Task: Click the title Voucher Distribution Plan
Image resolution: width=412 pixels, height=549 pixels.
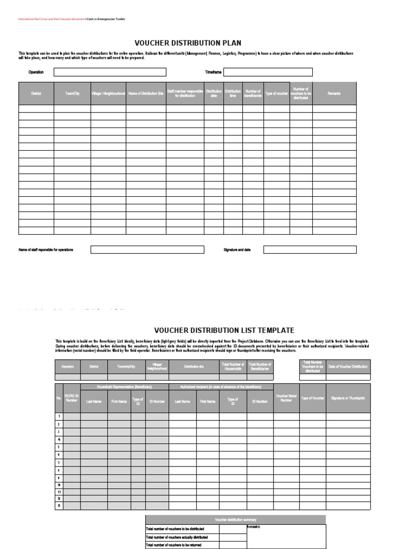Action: (x=188, y=43)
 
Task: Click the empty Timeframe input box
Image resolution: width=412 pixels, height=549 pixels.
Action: (x=268, y=72)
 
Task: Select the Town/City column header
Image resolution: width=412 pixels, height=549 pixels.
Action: (x=72, y=93)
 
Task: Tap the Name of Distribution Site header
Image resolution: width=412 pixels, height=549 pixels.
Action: (x=146, y=93)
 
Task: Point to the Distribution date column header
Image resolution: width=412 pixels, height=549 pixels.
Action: (x=214, y=93)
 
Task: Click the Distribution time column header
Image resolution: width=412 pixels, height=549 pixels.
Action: (x=233, y=93)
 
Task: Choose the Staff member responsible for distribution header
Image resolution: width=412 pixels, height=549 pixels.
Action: (x=185, y=93)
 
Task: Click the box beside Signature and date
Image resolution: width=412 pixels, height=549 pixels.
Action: (x=310, y=250)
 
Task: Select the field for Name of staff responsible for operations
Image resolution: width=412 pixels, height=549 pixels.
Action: (x=147, y=250)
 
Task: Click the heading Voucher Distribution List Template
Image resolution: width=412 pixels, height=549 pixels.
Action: (x=224, y=330)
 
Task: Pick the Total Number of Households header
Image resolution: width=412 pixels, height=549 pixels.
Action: (x=233, y=367)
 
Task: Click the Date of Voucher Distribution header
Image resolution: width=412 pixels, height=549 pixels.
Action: (x=348, y=367)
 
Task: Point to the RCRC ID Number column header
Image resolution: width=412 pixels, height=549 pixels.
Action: (x=72, y=398)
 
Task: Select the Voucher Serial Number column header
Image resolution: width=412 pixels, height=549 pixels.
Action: (x=286, y=398)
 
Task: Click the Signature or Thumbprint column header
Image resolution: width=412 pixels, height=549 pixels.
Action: (x=348, y=398)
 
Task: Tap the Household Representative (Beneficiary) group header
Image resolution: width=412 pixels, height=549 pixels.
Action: (x=124, y=387)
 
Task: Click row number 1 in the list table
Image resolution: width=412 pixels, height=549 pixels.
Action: (x=60, y=417)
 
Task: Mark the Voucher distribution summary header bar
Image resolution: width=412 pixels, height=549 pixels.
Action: (x=235, y=520)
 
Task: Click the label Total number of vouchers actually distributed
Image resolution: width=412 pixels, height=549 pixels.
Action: (x=177, y=537)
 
